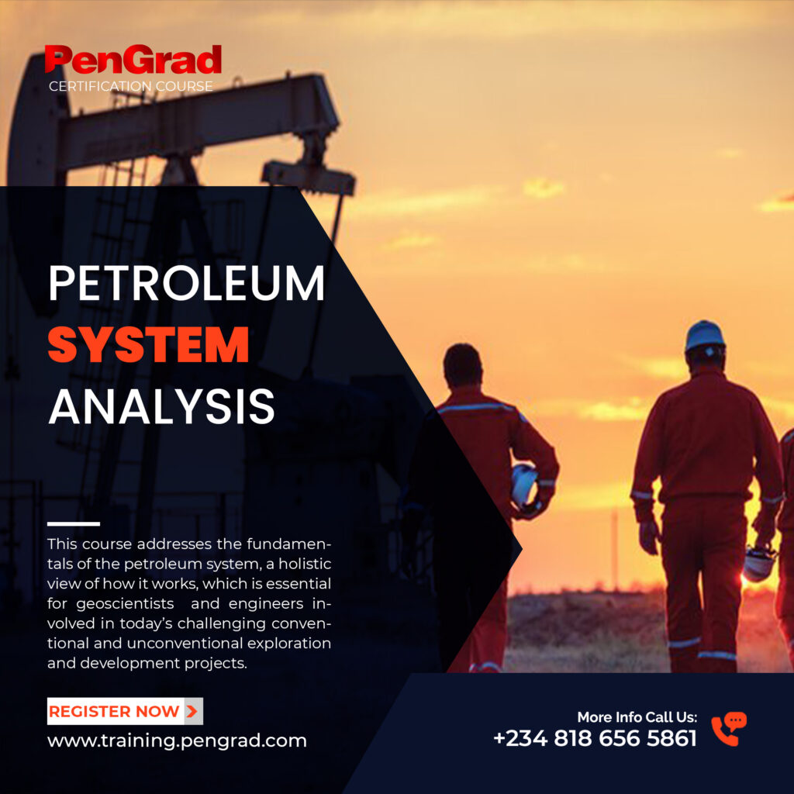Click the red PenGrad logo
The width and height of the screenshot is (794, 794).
pos(133,60)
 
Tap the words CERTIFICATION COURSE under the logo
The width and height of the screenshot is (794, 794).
pos(130,86)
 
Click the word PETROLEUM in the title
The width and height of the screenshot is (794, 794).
pos(186,284)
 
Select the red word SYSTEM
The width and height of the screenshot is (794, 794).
pos(148,345)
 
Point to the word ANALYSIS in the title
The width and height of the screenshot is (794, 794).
pos(161,406)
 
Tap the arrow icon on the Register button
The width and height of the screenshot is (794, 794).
pos(192,711)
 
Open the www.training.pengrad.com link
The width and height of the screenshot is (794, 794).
pos(177,740)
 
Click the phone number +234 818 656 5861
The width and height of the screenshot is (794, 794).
pos(595,738)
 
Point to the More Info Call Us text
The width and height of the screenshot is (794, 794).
pos(637,717)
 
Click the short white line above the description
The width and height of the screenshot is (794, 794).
pos(74,523)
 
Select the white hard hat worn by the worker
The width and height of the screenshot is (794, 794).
pos(705,336)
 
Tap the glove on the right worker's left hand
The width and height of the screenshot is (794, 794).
pos(648,535)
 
